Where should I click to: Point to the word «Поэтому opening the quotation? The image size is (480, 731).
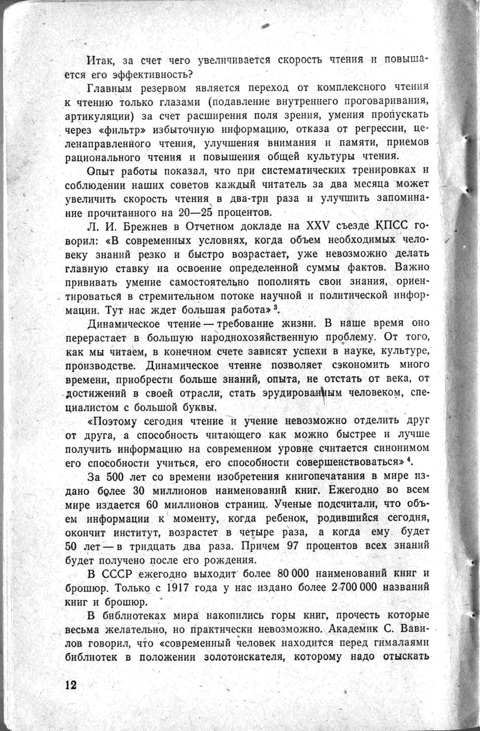click(x=112, y=421)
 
